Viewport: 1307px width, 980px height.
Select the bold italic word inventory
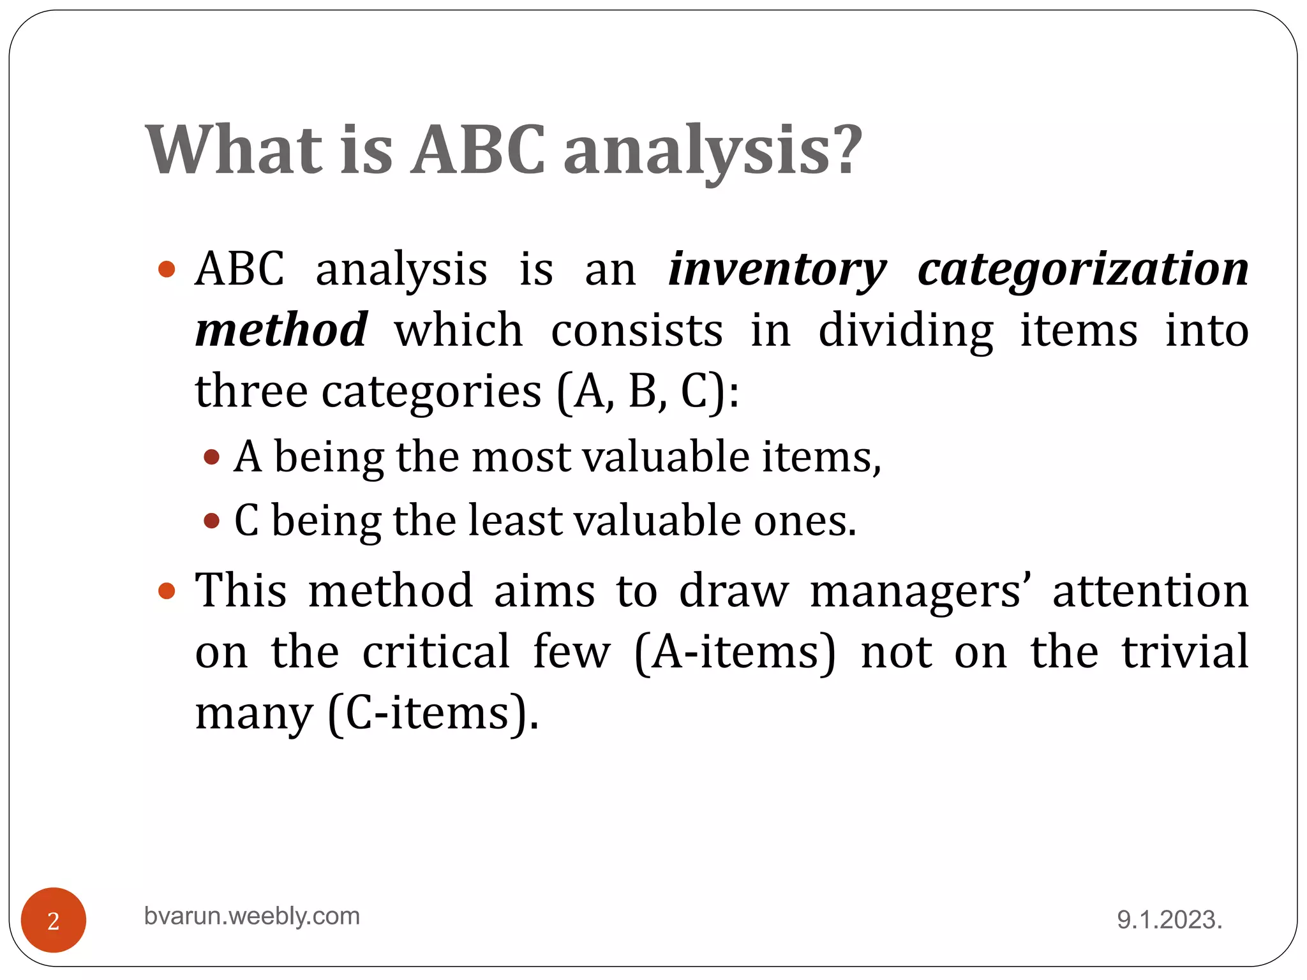pos(777,269)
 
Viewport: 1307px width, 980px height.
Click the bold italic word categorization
pos(1083,269)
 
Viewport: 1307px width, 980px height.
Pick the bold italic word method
pos(281,330)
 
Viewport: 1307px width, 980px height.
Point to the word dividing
pos(906,330)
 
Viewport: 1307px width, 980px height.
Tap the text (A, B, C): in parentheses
pos(647,390)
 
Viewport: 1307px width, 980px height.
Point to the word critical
pos(437,651)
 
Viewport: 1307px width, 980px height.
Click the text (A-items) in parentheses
pos(735,651)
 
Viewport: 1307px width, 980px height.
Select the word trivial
pos(1185,651)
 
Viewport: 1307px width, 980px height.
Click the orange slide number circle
pos(54,920)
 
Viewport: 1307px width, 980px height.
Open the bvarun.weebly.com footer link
pos(252,916)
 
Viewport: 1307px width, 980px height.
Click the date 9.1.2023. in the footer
pos(1169,920)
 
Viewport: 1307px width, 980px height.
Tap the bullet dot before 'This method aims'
pos(167,590)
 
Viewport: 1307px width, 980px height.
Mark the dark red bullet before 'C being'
pos(212,521)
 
